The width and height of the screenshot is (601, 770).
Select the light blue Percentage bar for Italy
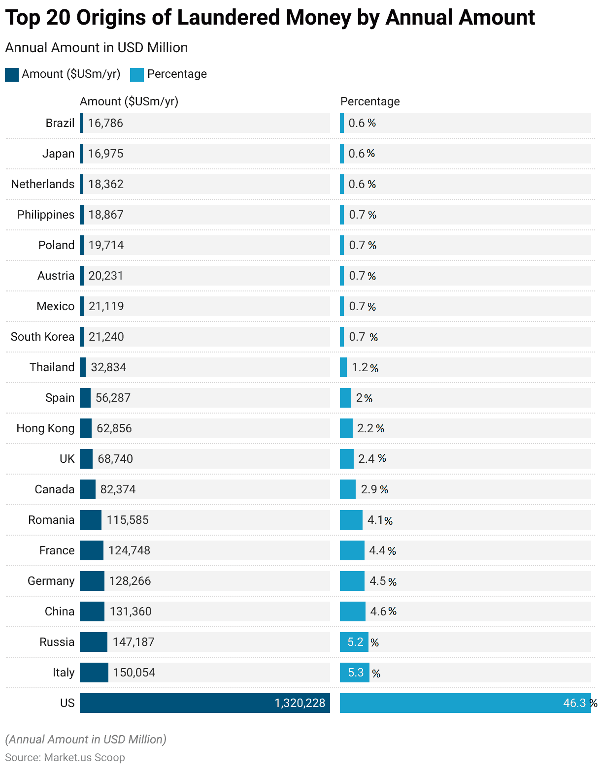354,673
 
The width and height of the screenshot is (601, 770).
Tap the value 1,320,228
300,703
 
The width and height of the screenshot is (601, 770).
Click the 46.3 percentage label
574,703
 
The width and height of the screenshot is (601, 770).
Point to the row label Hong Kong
45,428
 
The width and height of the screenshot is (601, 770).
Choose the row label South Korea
42,337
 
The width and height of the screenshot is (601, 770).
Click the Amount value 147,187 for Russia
134,642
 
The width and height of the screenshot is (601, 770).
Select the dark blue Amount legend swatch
12,74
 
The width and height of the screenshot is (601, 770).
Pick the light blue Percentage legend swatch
137,74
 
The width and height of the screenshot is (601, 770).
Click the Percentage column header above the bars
370,101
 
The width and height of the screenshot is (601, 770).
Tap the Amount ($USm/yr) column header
129,101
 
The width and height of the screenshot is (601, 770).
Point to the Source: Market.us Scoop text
65,757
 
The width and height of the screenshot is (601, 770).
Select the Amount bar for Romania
91,520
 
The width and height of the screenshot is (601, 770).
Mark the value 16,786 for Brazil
105,123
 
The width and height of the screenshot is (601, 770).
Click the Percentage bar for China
353,611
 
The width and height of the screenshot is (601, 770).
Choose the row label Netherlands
43,184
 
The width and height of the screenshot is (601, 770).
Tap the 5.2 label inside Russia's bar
355,642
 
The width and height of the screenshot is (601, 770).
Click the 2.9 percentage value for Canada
369,489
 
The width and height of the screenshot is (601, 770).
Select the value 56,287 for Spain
113,398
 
